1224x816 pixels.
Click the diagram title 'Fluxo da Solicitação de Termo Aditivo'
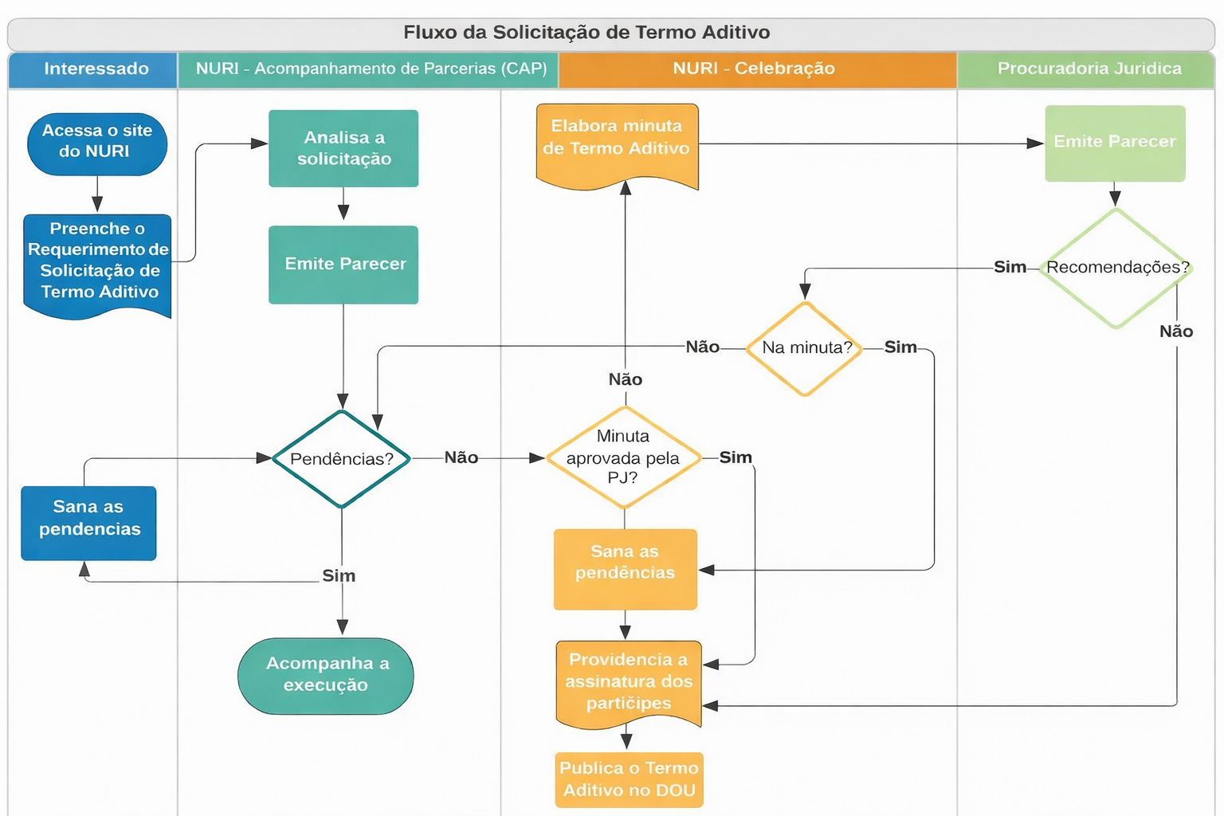pyautogui.click(x=586, y=33)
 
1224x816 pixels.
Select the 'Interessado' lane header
pyautogui.click(x=96, y=69)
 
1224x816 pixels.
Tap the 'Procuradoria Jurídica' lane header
pyautogui.click(x=1089, y=69)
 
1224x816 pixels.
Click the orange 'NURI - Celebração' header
pyautogui.click(x=754, y=69)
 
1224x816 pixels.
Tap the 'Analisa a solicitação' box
pyautogui.click(x=343, y=148)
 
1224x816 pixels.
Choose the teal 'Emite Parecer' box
pyautogui.click(x=343, y=265)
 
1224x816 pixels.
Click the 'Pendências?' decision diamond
pyautogui.click(x=342, y=459)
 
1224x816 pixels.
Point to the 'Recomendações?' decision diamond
pyautogui.click(x=1116, y=268)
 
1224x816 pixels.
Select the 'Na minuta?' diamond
pyautogui.click(x=806, y=348)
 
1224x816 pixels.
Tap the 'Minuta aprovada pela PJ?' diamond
pyautogui.click(x=624, y=457)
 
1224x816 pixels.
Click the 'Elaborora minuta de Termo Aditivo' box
pyautogui.click(x=617, y=142)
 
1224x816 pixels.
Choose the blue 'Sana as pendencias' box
pyautogui.click(x=88, y=522)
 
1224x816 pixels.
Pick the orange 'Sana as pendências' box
pyautogui.click(x=625, y=567)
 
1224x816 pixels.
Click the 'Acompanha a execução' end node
pyautogui.click(x=326, y=675)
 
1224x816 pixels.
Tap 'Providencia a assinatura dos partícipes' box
pyautogui.click(x=628, y=682)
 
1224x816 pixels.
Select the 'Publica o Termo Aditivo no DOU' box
pyautogui.click(x=629, y=779)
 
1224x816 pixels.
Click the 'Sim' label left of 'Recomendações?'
pyautogui.click(x=1010, y=268)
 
